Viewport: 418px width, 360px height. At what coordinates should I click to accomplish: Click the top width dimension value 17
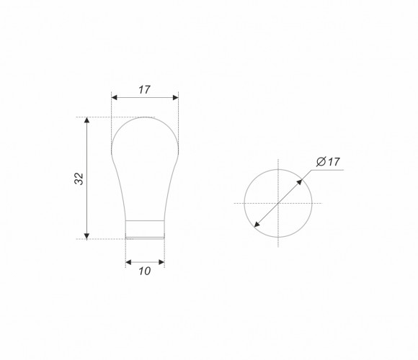[144, 90]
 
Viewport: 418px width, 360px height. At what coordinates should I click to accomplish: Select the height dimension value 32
[79, 179]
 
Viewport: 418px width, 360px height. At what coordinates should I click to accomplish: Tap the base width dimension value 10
[144, 271]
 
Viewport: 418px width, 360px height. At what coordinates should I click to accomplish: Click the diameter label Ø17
[328, 161]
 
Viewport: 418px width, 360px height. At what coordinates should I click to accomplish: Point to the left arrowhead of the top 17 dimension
[114, 97]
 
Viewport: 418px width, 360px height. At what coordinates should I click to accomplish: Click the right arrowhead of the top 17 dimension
[176, 97]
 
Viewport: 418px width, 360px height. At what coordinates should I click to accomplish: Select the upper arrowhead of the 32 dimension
[86, 120]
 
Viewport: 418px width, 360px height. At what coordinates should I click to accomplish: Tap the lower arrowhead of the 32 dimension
[86, 236]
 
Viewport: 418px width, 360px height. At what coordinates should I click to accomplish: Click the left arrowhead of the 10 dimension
[128, 262]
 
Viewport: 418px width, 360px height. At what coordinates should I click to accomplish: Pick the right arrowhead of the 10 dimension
[161, 262]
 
